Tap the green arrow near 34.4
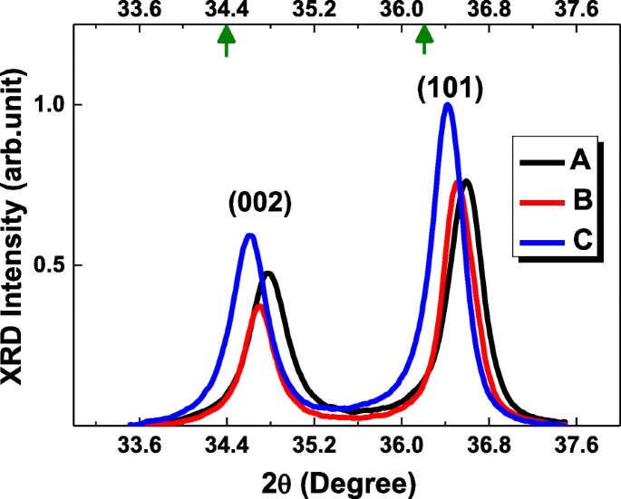pyautogui.click(x=226, y=40)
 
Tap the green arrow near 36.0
pyautogui.click(x=423, y=40)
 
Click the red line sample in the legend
pyautogui.click(x=541, y=202)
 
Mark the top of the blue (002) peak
pyautogui.click(x=249, y=235)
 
